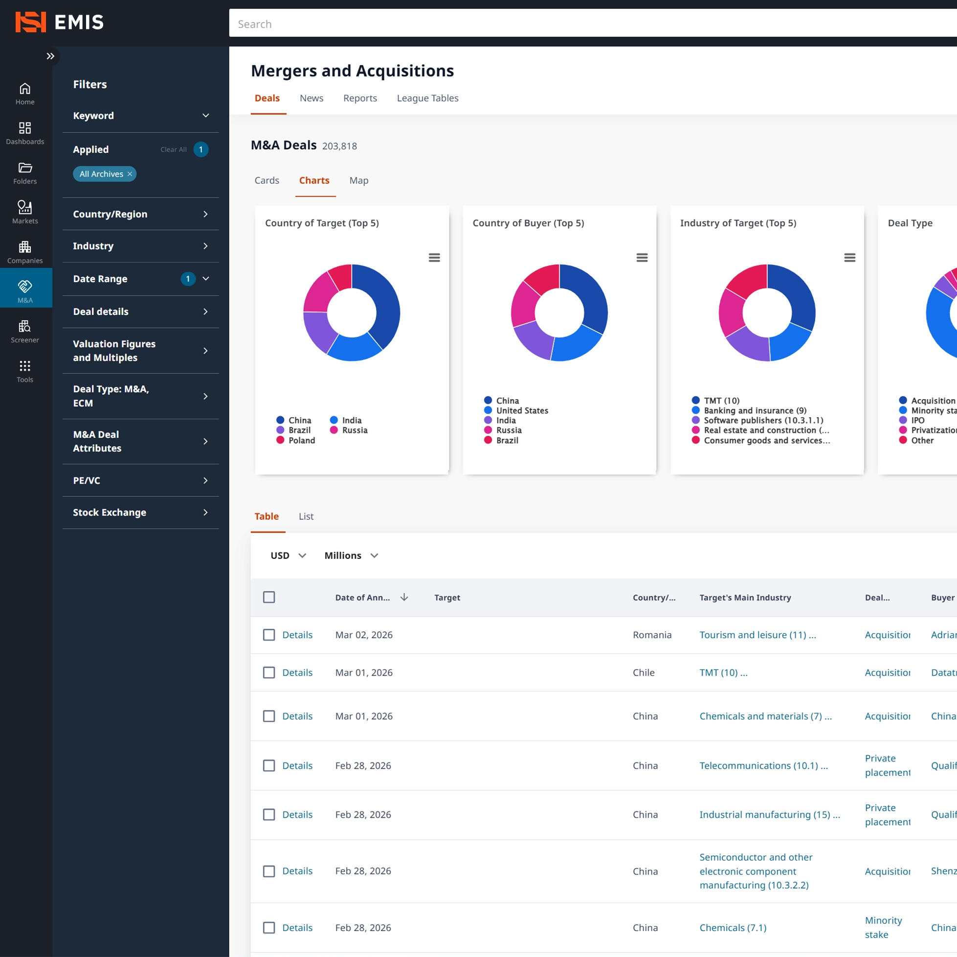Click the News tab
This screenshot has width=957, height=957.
pos(311,98)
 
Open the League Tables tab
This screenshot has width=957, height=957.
pos(427,98)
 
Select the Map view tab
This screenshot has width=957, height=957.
pos(358,180)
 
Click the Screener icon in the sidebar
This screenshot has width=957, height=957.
pos(25,331)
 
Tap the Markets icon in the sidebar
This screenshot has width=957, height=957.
pos(25,212)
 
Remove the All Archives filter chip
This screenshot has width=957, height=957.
pos(130,174)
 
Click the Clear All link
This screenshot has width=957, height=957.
pos(174,149)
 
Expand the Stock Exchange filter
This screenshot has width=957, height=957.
pos(141,512)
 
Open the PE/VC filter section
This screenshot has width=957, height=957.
pos(141,480)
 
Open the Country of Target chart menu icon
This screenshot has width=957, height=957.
pos(434,258)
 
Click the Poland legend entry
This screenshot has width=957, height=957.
pos(301,441)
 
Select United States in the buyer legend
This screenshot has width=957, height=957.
pos(522,411)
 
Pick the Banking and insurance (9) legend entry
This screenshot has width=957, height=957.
pos(755,411)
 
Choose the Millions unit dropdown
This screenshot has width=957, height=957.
pos(351,556)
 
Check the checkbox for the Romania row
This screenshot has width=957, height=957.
pos(269,635)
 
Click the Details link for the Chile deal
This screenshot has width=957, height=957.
pos(297,672)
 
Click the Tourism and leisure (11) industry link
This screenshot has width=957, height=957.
pos(757,635)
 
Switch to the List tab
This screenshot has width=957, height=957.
pos(306,516)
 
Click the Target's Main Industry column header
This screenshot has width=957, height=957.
pos(744,598)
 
